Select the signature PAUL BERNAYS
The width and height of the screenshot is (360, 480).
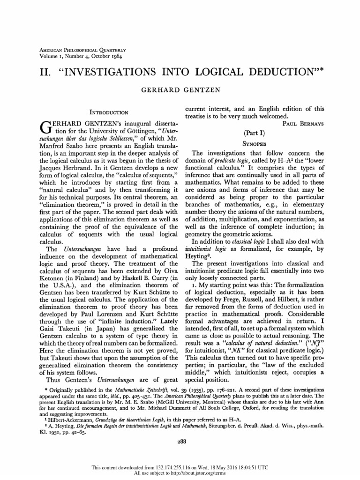tap(303, 124)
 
